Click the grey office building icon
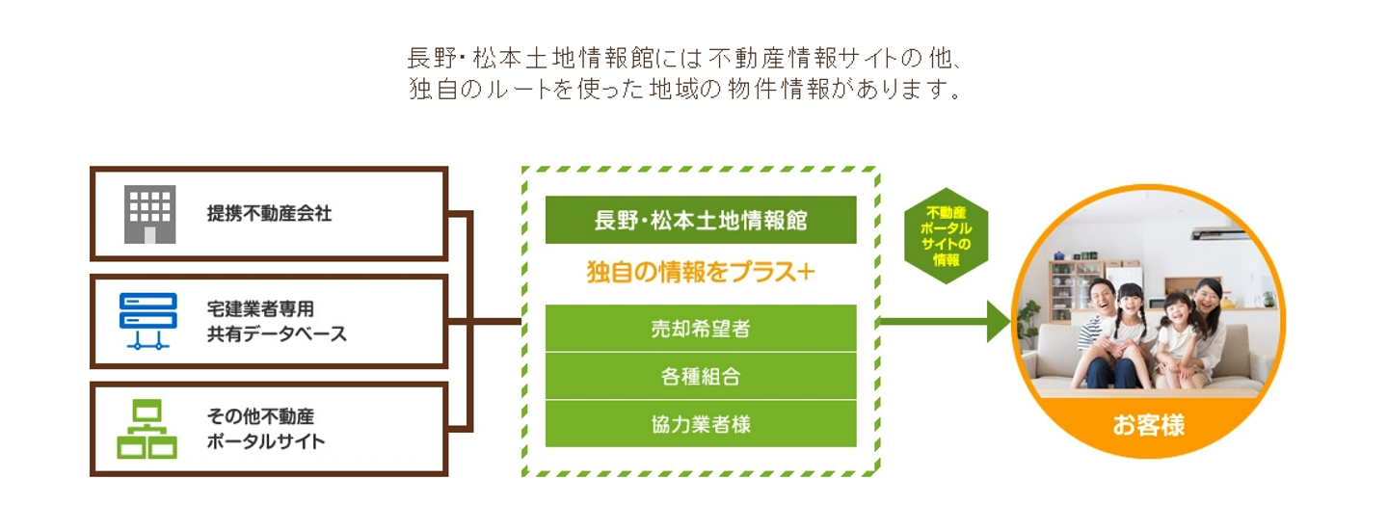pos(149,214)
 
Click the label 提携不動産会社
pos(269,214)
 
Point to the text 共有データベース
pos(277,334)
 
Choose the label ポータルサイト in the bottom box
pos(266,442)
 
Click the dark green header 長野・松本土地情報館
pos(700,220)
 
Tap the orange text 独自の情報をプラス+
pos(700,273)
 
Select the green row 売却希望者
pos(700,329)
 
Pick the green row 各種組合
pos(700,376)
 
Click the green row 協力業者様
pos(700,424)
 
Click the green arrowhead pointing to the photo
pos(997,321)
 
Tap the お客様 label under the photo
pos(1148,425)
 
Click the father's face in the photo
pos(1102,295)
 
